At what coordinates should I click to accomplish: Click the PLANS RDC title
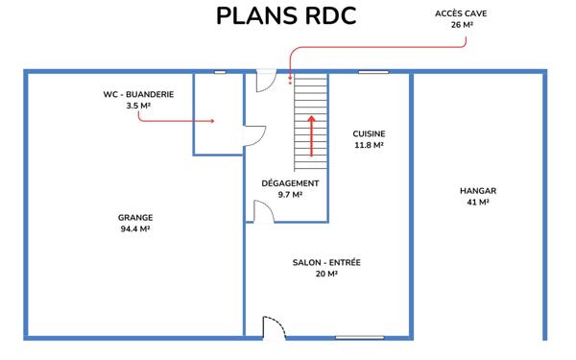click(286, 15)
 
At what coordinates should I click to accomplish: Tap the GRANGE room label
click(135, 218)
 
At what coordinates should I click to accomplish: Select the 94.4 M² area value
click(135, 228)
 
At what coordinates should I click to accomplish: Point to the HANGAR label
click(478, 191)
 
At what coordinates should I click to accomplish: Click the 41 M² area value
click(478, 202)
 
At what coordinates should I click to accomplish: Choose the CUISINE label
click(369, 133)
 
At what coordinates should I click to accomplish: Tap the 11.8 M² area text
click(369, 145)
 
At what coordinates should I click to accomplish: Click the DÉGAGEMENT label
click(290, 183)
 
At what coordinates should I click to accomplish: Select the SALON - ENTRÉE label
click(326, 262)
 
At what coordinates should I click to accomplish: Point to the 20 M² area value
click(326, 274)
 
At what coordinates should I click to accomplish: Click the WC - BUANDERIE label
click(138, 94)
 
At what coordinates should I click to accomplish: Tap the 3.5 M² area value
click(138, 106)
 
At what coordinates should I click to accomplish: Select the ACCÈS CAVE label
click(461, 13)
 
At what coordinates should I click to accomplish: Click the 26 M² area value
click(462, 25)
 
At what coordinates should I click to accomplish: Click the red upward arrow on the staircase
click(311, 136)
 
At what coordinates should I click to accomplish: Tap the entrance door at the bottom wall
click(274, 327)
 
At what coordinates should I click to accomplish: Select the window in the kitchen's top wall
click(373, 72)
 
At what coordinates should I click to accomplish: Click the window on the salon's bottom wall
click(360, 337)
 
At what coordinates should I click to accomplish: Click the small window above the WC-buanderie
click(220, 72)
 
